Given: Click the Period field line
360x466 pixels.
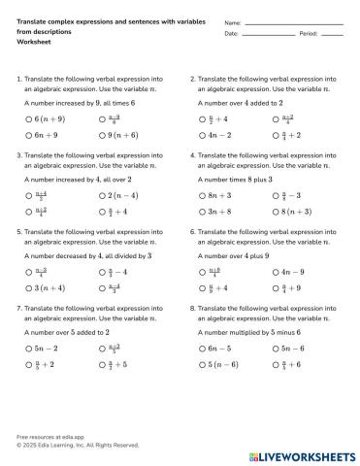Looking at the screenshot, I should point(332,35).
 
